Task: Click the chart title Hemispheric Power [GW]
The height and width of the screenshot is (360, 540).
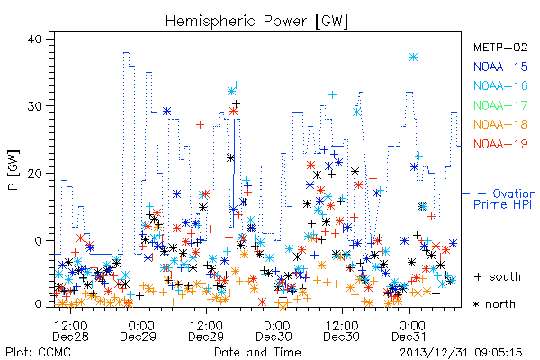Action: [x=256, y=22]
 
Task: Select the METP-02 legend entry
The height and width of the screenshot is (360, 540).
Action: [x=500, y=47]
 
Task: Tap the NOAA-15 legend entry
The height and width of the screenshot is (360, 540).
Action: [x=500, y=67]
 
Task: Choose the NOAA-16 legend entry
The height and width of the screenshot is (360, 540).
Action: [x=500, y=85]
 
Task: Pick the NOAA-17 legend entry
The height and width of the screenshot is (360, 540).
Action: [x=500, y=105]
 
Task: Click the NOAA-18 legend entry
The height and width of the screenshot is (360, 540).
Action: [x=500, y=124]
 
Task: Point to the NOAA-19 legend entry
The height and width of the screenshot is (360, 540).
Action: [x=500, y=144]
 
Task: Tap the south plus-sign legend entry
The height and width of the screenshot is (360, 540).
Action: [x=498, y=276]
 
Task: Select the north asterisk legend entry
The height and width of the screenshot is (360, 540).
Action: [x=494, y=304]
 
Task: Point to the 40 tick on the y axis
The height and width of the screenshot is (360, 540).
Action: [x=34, y=39]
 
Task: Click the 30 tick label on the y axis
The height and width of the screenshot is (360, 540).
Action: [x=34, y=106]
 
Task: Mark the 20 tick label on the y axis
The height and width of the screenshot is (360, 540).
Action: [x=34, y=174]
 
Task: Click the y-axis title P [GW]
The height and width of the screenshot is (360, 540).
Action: [x=13, y=170]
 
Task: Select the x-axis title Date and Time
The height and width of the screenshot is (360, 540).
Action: [x=257, y=353]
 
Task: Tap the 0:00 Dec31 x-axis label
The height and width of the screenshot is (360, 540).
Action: [x=409, y=331]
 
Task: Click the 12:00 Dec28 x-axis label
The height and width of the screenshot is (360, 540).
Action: [x=70, y=331]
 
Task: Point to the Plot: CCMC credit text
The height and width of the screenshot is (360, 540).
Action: [x=38, y=353]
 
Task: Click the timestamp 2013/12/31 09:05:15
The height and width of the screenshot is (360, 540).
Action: [x=461, y=353]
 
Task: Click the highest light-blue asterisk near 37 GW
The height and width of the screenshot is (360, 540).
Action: [x=414, y=58]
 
